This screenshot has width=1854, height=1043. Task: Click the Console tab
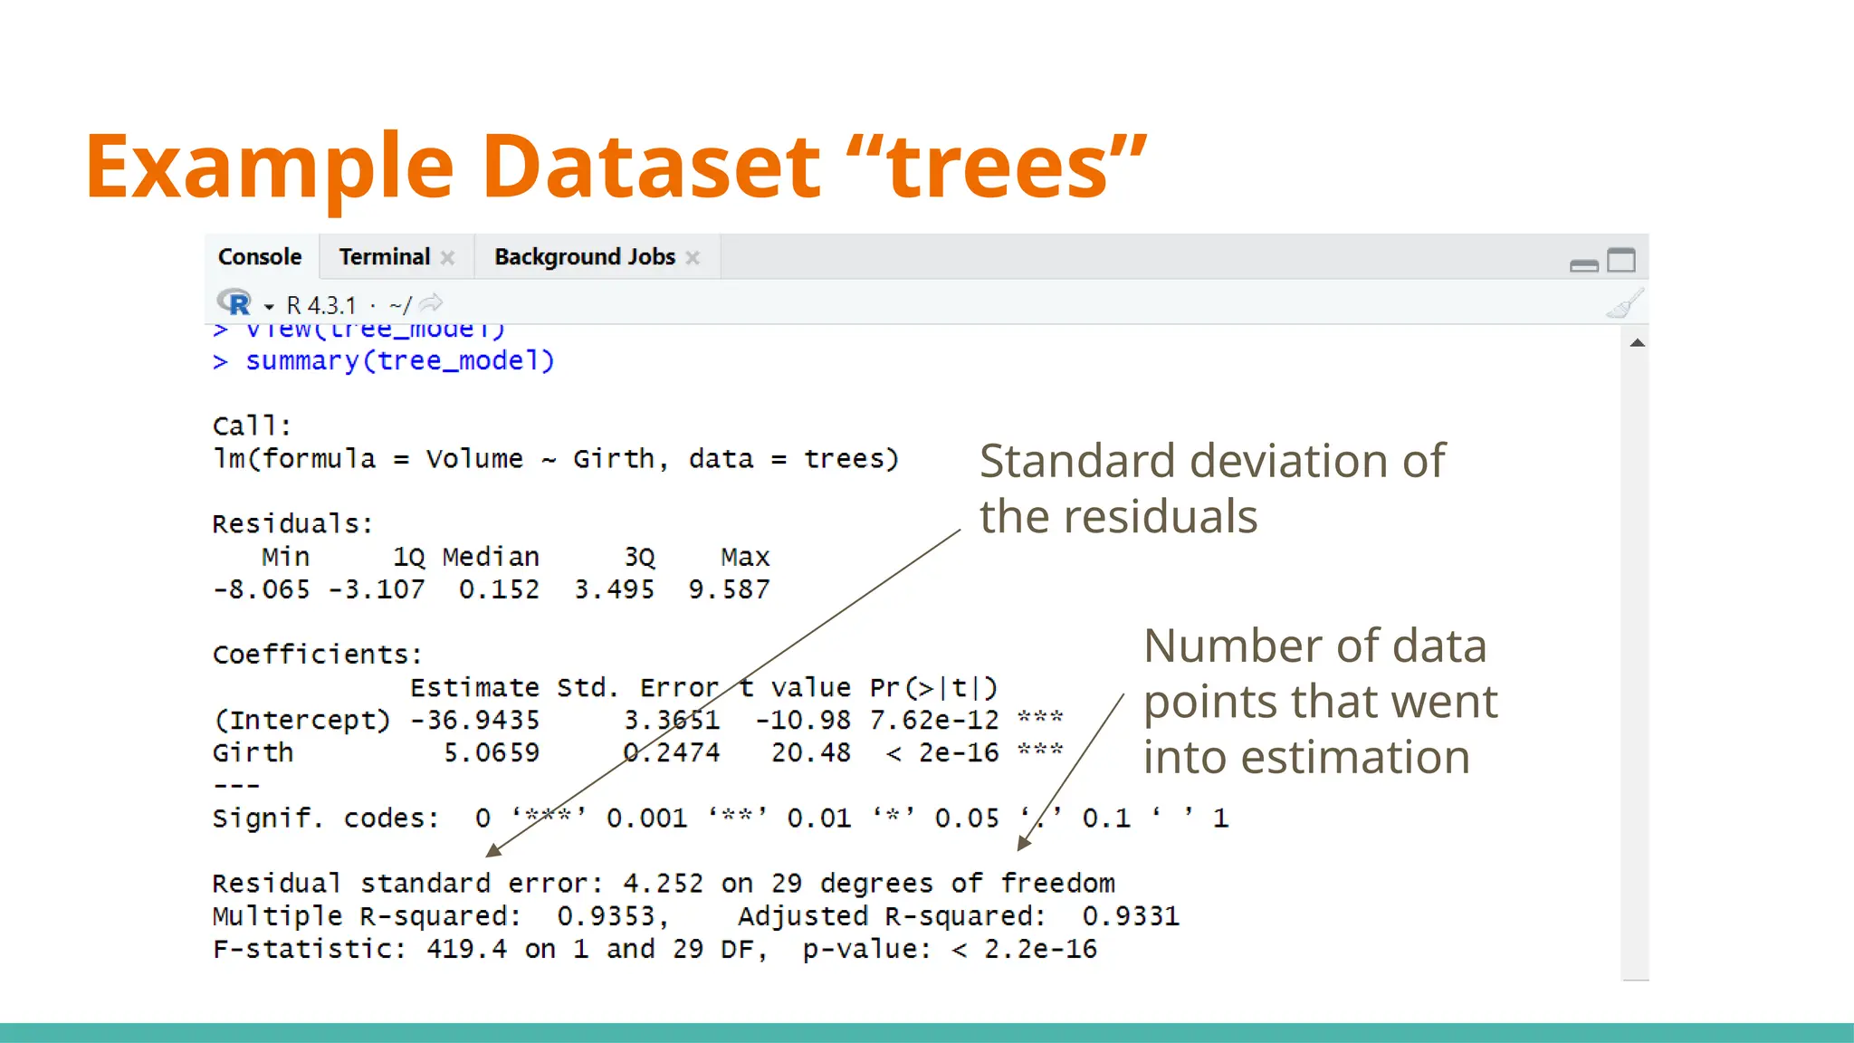click(260, 257)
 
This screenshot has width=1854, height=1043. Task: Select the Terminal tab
click(385, 257)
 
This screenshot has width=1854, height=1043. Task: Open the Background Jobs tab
click(585, 257)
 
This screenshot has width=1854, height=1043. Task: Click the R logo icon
click(234, 303)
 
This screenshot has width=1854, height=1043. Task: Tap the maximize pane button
click(1620, 261)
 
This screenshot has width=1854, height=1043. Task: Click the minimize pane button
click(1583, 264)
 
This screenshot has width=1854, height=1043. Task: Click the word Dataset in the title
click(651, 167)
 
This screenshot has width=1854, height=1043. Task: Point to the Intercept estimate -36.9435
click(474, 721)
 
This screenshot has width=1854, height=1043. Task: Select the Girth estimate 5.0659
click(492, 753)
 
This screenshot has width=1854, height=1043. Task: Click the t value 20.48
click(810, 753)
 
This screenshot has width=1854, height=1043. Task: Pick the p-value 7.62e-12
click(933, 721)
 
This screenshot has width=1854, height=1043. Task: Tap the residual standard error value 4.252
click(663, 884)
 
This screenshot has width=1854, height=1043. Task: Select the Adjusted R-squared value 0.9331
click(1131, 916)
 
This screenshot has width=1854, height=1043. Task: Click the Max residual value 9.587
click(729, 590)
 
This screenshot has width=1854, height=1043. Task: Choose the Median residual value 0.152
click(499, 590)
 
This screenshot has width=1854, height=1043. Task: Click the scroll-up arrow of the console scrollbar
click(1637, 343)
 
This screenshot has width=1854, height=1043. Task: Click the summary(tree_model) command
click(399, 361)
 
